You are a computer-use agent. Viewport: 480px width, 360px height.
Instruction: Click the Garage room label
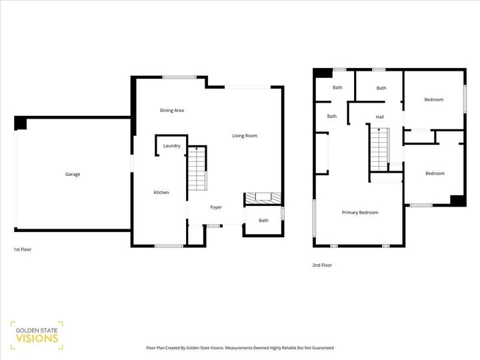point(73,175)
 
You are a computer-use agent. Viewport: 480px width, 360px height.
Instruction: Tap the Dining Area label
point(171,110)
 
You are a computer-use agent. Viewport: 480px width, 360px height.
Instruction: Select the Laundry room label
point(172,145)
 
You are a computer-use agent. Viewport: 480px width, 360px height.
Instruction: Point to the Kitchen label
point(161,193)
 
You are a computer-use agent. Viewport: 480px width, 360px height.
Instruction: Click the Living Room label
point(245,136)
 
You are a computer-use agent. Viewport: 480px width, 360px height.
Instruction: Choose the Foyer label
point(216,207)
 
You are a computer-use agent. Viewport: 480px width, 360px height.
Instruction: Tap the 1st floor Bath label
point(263,221)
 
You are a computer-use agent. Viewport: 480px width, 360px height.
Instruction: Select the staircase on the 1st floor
point(197,170)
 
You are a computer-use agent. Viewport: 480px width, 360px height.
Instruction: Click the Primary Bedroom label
point(360,213)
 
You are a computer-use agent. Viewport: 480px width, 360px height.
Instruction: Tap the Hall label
point(379,117)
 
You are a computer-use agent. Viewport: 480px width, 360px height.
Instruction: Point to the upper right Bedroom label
point(434,100)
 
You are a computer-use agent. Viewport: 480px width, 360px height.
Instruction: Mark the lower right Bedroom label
point(435,173)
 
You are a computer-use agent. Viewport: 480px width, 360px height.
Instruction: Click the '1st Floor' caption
point(23,249)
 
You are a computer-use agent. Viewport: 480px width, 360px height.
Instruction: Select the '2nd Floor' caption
point(322,265)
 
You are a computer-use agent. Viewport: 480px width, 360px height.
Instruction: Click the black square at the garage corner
point(20,123)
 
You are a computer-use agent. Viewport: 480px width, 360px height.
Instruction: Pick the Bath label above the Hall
point(381,88)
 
